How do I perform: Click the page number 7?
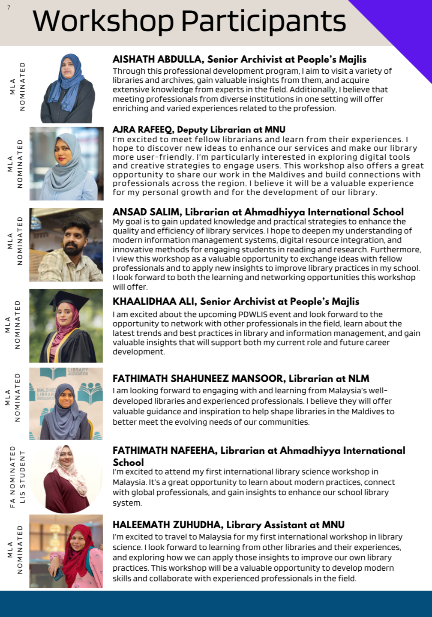pos(9,7)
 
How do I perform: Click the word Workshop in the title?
pos(103,21)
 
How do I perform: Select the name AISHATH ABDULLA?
pos(157,59)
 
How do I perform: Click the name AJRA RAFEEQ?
pos(143,129)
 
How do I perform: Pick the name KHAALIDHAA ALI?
pos(153,302)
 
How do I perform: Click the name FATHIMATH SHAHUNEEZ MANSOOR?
pos(198,379)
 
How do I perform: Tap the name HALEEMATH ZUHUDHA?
pos(167,525)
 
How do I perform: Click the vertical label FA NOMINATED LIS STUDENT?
pos(18,477)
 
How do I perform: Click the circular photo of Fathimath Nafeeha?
pos(66,478)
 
